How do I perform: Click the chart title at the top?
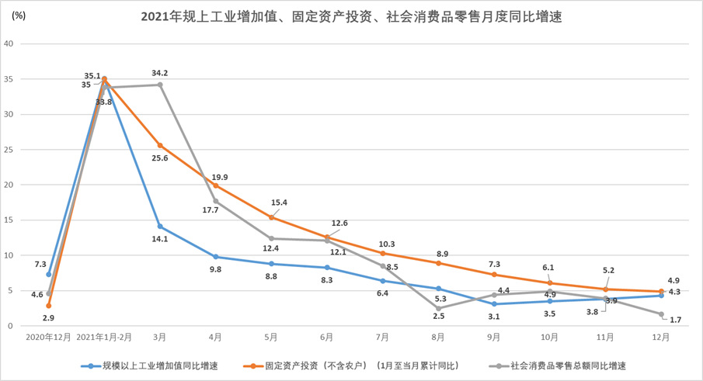pyautogui.click(x=351, y=16)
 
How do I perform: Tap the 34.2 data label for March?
pyautogui.click(x=160, y=73)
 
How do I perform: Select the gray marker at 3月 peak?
pyautogui.click(x=160, y=85)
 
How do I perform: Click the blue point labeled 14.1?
pyautogui.click(x=160, y=227)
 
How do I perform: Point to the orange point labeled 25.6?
pyautogui.click(x=160, y=145)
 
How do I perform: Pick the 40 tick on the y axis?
pyautogui.click(x=9, y=43)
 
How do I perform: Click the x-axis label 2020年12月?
pyautogui.click(x=48, y=338)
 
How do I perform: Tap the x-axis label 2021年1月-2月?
pyautogui.click(x=104, y=338)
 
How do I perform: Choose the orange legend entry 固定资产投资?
pyautogui.click(x=350, y=365)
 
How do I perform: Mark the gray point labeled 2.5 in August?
pyautogui.click(x=439, y=308)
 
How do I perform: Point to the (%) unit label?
pyautogui.click(x=19, y=16)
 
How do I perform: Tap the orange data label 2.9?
pyautogui.click(x=47, y=318)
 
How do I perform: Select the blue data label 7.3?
pyautogui.click(x=40, y=265)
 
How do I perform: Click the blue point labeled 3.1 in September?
pyautogui.click(x=494, y=304)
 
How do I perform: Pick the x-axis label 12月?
pyautogui.click(x=661, y=338)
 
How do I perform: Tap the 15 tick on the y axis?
pyautogui.click(x=9, y=220)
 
